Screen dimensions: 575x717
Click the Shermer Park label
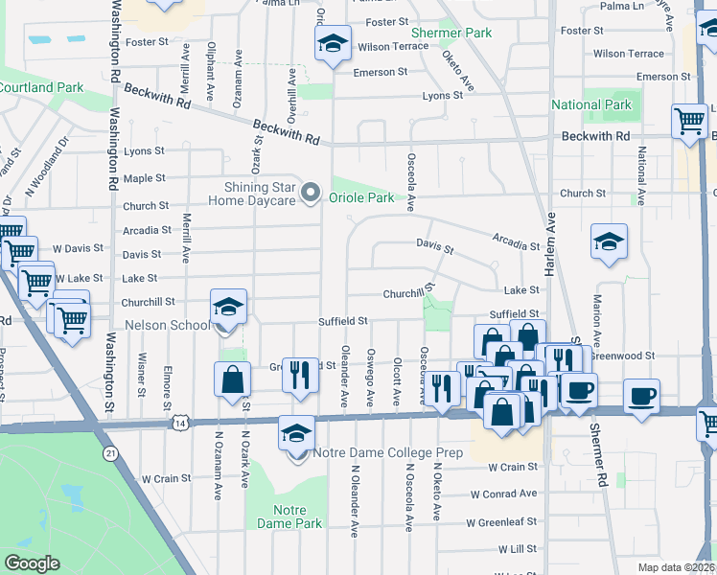[465, 33]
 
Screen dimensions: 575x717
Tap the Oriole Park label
[361, 198]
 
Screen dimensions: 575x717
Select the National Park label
[591, 104]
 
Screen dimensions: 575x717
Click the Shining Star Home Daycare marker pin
[310, 194]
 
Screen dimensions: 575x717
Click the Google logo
[32, 563]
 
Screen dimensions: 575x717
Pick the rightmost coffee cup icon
[642, 395]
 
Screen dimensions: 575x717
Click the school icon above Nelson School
[228, 306]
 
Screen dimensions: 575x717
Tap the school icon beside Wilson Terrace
[333, 43]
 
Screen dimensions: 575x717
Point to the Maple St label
[145, 178]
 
